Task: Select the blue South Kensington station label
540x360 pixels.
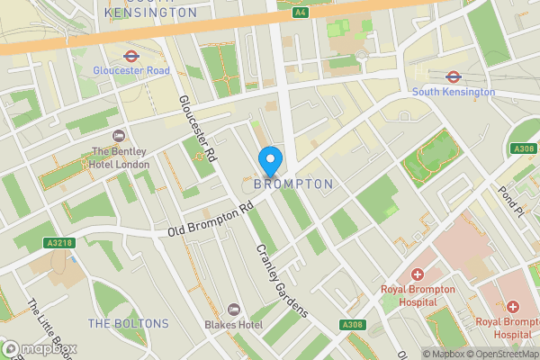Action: point(453,92)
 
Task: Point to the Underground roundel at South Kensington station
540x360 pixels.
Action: point(453,76)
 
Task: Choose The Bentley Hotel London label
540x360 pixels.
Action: point(119,157)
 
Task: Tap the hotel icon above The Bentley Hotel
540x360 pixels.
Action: point(119,136)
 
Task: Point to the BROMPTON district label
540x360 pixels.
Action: point(293,184)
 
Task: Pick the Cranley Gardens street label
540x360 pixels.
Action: point(282,281)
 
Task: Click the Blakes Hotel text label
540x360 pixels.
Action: point(233,324)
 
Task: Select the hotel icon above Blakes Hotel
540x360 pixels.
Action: point(233,309)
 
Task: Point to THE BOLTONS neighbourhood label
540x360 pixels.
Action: point(128,323)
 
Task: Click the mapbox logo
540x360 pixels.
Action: point(40,348)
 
